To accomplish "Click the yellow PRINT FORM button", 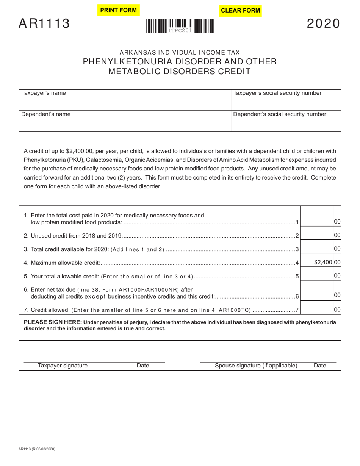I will [x=118, y=10].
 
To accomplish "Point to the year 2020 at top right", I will [x=323, y=24].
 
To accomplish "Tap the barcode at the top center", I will [x=180, y=27].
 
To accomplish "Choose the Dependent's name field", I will [x=125, y=122].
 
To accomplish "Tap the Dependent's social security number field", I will [x=286, y=122].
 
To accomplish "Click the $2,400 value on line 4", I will [x=323, y=262].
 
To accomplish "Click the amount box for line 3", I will [x=316, y=249].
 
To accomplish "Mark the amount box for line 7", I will [x=316, y=310].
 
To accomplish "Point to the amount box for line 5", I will [x=316, y=276].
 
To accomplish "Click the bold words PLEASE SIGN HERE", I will [x=53, y=322].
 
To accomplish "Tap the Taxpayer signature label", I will [x=63, y=366].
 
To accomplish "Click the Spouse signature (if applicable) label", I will [x=256, y=366].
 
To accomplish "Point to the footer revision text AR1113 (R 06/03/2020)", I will [x=37, y=449].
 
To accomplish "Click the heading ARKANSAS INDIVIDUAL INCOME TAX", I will [x=180, y=53].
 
